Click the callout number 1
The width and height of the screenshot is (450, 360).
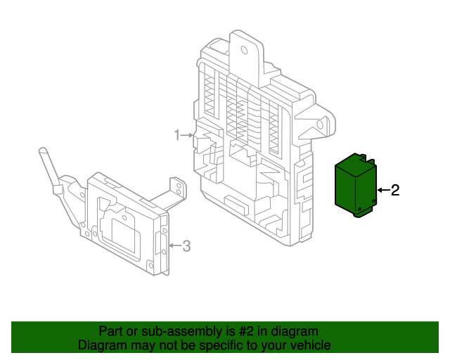[178, 135]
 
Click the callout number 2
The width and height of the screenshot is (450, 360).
[395, 190]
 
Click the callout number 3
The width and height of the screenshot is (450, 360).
[186, 246]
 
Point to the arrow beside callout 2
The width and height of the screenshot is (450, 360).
[382, 190]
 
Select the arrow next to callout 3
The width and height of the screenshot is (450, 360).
[174, 246]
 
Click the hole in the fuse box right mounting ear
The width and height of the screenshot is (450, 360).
[320, 124]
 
